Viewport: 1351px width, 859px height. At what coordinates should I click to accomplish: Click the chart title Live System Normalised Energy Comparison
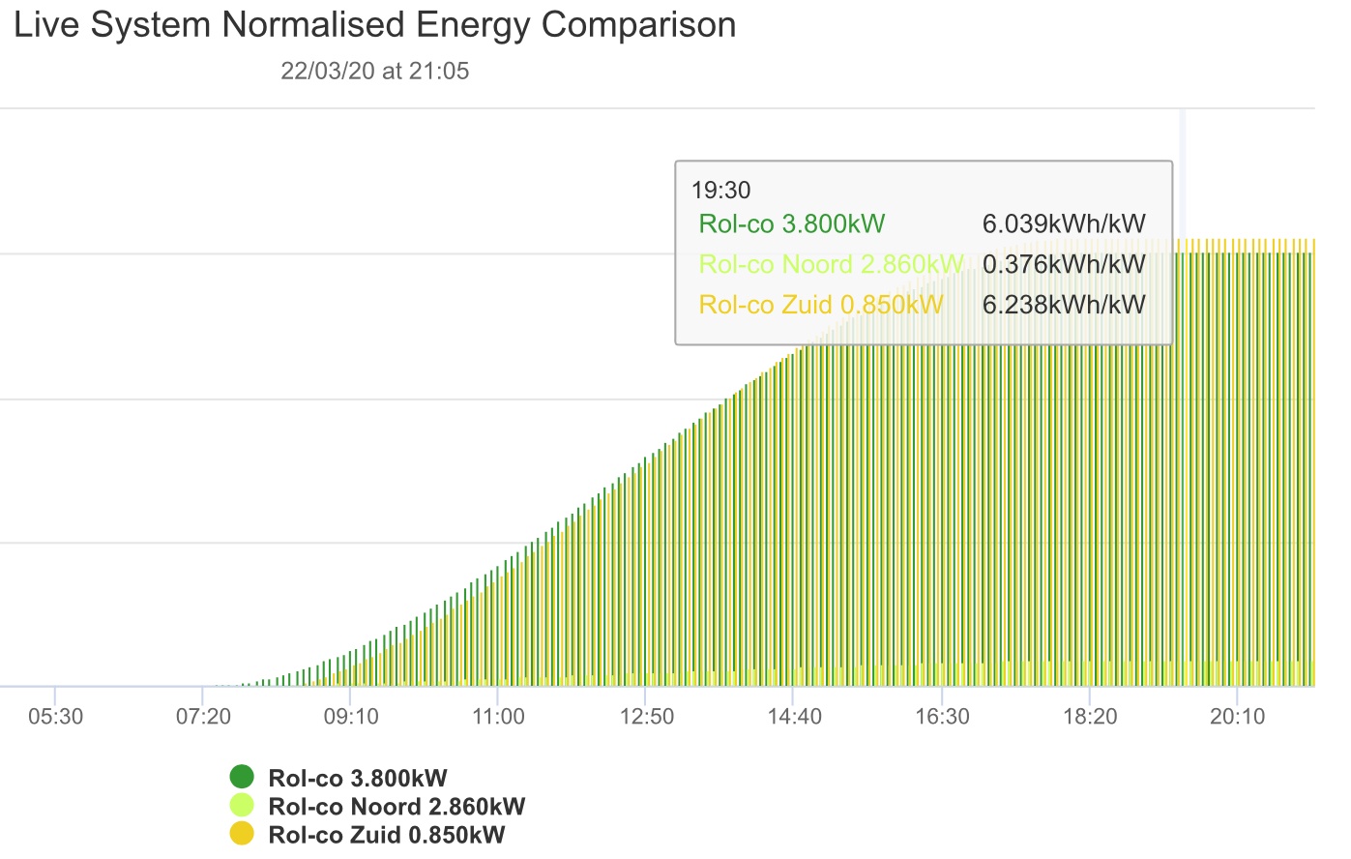[374, 25]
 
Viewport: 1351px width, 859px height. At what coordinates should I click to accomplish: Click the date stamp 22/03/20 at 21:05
[374, 72]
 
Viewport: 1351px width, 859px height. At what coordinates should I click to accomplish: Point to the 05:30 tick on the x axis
[55, 717]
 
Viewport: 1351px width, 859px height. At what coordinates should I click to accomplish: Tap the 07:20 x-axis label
[203, 717]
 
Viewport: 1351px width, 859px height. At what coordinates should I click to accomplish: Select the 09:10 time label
[351, 717]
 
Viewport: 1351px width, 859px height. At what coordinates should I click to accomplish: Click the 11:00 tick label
[498, 717]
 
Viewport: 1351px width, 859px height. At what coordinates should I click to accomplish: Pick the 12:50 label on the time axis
[646, 717]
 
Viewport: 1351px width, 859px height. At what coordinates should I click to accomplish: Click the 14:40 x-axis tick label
[794, 717]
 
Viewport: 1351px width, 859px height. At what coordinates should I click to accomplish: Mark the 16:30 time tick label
[942, 717]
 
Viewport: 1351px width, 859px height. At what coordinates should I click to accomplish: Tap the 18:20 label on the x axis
[1090, 717]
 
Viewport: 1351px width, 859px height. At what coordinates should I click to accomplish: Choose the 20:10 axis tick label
[1238, 717]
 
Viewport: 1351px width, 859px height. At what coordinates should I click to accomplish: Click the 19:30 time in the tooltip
[720, 191]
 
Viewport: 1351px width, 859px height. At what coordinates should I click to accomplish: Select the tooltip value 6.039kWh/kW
[1063, 224]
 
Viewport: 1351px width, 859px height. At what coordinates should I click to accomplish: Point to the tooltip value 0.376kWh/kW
[1063, 264]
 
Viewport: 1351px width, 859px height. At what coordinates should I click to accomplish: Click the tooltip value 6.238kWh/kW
[1063, 305]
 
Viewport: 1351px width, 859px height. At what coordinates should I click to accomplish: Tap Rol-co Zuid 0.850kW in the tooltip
[820, 305]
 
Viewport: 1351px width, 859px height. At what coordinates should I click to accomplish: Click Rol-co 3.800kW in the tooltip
[791, 224]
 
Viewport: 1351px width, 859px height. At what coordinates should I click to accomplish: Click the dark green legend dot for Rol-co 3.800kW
[242, 777]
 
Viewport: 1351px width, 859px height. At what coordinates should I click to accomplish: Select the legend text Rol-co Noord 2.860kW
[396, 807]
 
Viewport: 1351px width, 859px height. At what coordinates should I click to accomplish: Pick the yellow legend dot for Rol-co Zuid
[242, 834]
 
